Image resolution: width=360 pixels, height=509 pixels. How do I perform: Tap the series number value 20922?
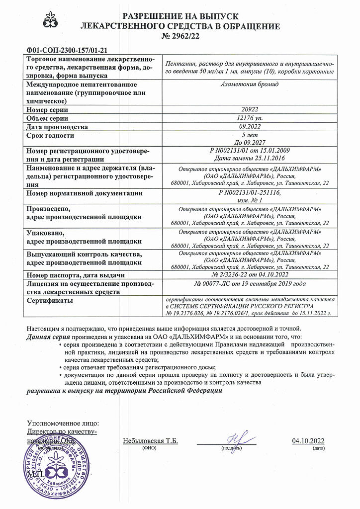click(250, 109)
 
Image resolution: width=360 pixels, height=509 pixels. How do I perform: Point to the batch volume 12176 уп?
click(250, 118)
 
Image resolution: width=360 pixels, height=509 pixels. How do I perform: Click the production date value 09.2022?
click(250, 127)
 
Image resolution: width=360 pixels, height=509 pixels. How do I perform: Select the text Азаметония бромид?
click(250, 85)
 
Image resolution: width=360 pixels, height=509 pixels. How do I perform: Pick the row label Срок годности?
click(50, 136)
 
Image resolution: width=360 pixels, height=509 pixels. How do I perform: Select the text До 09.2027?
click(250, 142)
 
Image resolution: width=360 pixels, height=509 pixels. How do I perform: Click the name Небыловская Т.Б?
click(150, 441)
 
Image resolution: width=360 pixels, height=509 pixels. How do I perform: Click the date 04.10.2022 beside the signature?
click(308, 441)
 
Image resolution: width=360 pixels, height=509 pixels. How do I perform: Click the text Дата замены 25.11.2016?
click(250, 159)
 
